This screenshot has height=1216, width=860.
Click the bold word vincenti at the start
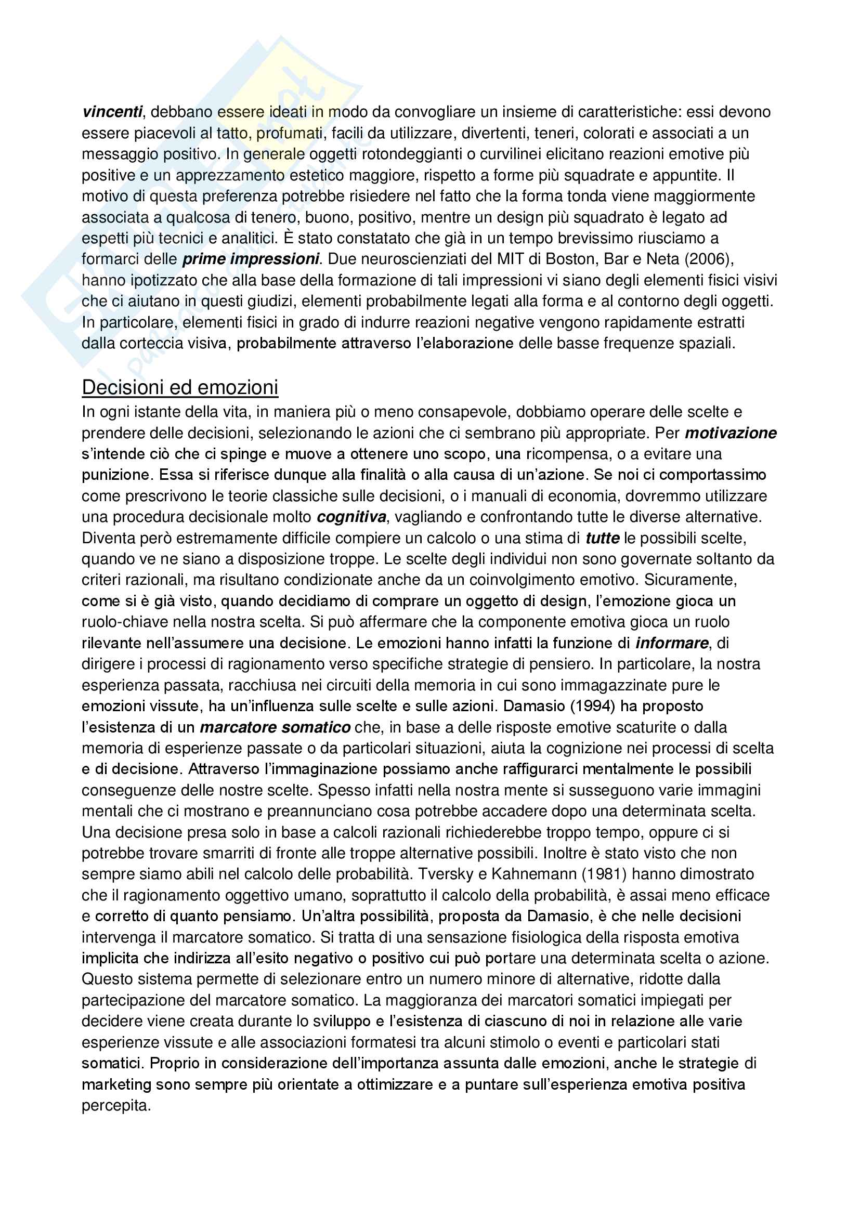pyautogui.click(x=112, y=112)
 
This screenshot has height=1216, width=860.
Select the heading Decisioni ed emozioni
pyautogui.click(x=179, y=388)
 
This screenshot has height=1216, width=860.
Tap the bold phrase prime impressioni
pyautogui.click(x=251, y=259)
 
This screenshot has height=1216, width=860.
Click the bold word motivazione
pyautogui.click(x=730, y=433)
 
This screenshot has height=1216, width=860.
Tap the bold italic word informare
pyautogui.click(x=671, y=643)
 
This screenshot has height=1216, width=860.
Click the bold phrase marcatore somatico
pyautogui.click(x=275, y=727)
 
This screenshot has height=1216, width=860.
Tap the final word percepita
pyautogui.click(x=116, y=1106)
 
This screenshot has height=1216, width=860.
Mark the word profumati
pyautogui.click(x=290, y=133)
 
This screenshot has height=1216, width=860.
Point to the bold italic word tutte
pyautogui.click(x=602, y=538)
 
